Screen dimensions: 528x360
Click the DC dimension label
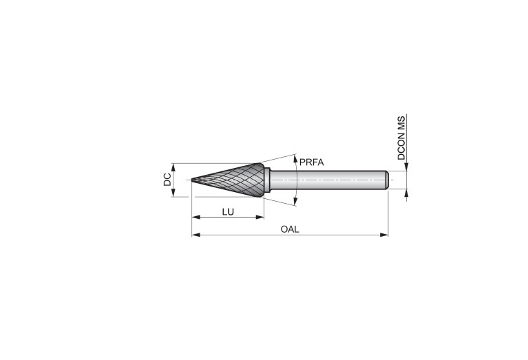167,180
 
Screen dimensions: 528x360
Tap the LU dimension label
228,212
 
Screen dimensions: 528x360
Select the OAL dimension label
290,229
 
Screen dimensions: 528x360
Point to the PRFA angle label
311,162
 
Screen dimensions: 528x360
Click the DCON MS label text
401,138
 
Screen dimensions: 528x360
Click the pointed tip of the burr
192,180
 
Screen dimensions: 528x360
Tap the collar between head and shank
267,180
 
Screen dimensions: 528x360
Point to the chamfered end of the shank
388,180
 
